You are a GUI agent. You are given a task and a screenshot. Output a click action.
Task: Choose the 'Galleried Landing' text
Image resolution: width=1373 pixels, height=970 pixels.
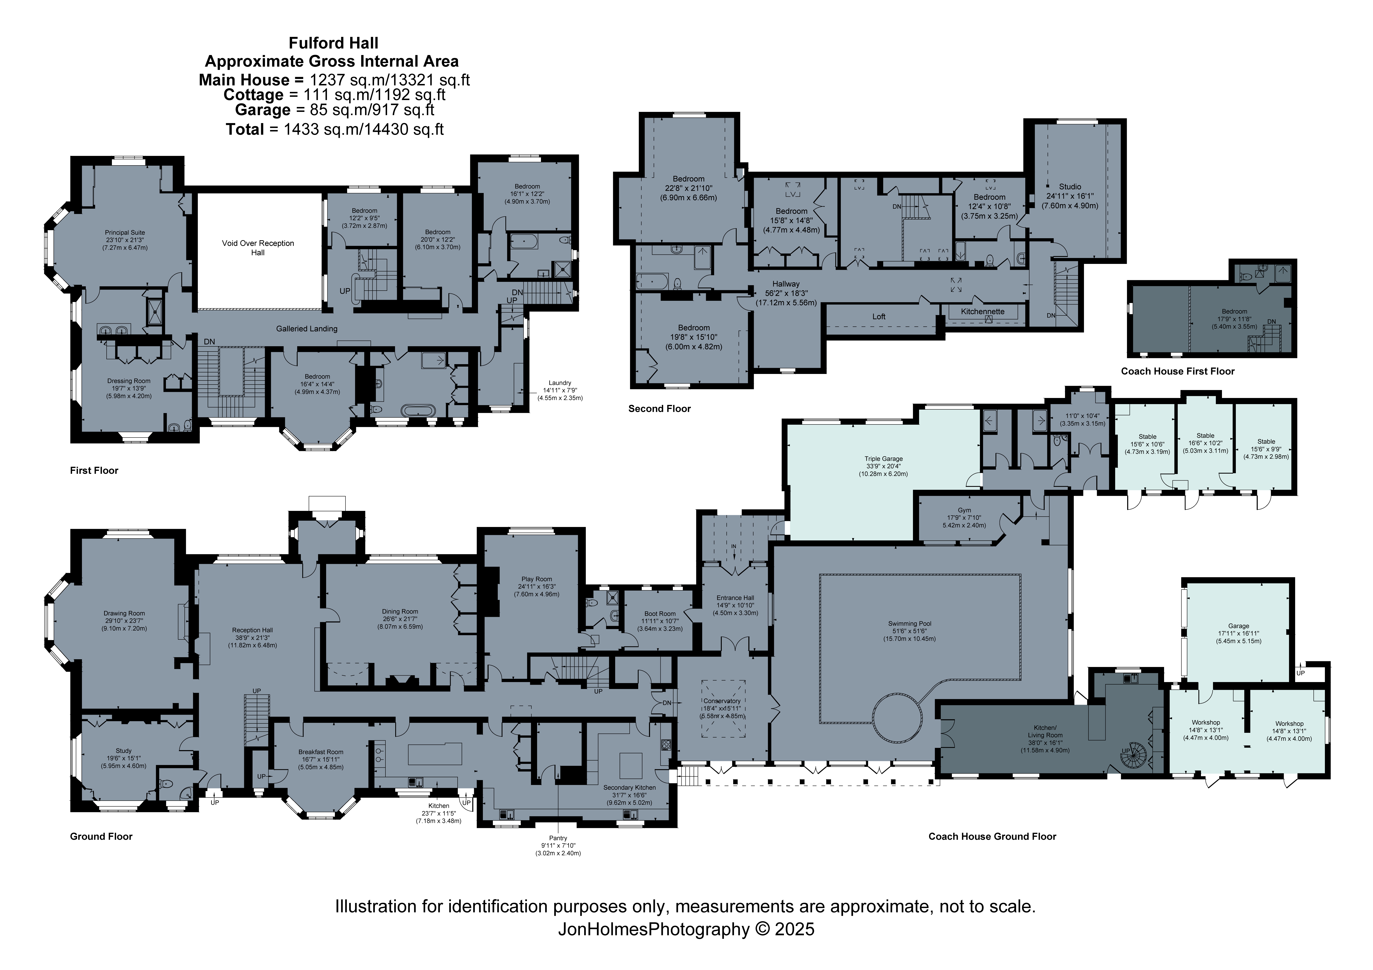307,329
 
